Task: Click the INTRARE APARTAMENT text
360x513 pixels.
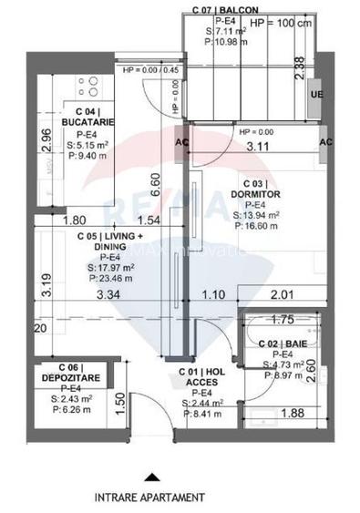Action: [149, 498]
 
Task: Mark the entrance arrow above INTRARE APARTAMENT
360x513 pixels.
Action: [149, 475]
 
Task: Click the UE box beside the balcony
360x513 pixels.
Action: [316, 96]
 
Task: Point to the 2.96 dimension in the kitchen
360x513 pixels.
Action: [47, 139]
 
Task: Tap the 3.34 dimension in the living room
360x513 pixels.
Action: [108, 295]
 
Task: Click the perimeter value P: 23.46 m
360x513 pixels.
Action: [109, 280]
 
